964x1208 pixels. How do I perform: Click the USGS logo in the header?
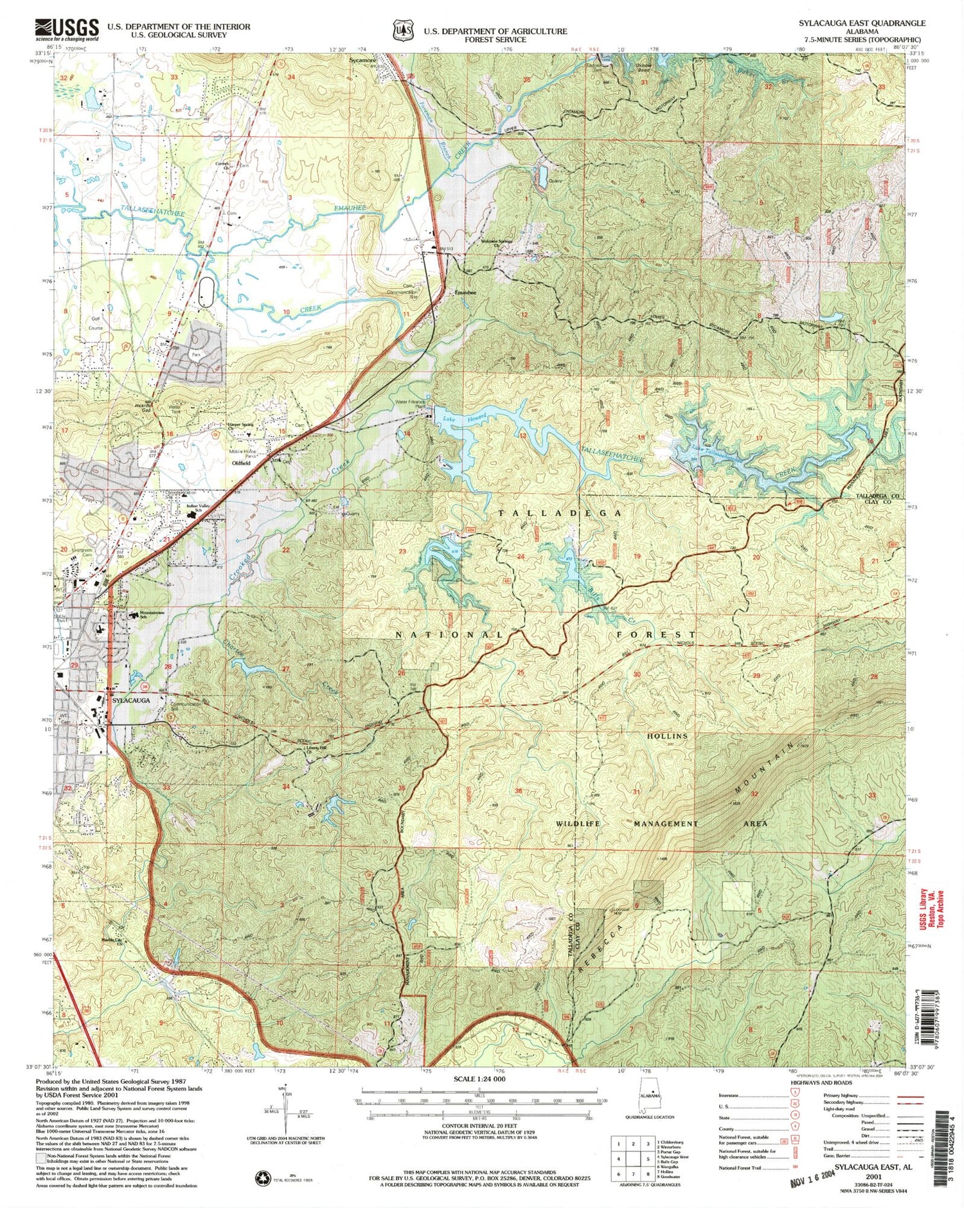point(67,30)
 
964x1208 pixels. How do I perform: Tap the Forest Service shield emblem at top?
point(403,30)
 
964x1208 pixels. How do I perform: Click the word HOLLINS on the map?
point(667,735)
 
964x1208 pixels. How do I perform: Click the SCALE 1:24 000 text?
point(479,1079)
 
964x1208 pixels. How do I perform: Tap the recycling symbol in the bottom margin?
point(263,1178)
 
